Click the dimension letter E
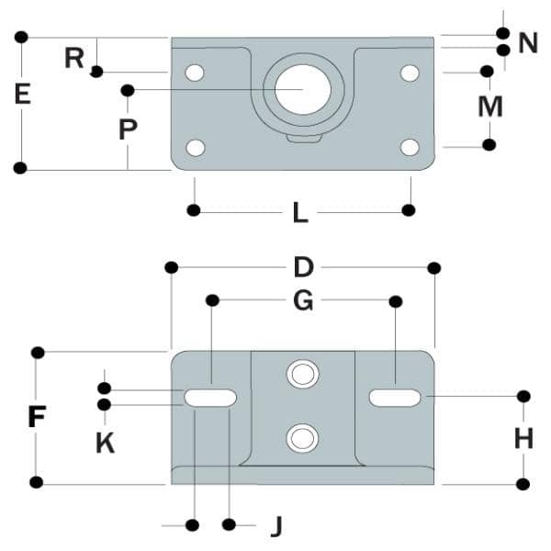pyautogui.click(x=22, y=94)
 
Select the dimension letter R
pyautogui.click(x=74, y=59)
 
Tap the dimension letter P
pyautogui.click(x=128, y=129)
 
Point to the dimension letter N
pyautogui.click(x=527, y=42)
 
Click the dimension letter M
pyautogui.click(x=490, y=107)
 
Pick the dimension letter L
pyautogui.click(x=300, y=212)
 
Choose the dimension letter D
pyautogui.click(x=303, y=267)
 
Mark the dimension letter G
pyautogui.click(x=303, y=300)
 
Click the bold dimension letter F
pyautogui.click(x=37, y=418)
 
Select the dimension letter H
pyautogui.click(x=523, y=439)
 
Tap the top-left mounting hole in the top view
pyautogui.click(x=195, y=72)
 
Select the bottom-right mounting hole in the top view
pyautogui.click(x=410, y=147)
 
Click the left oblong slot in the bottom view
pyautogui.click(x=210, y=398)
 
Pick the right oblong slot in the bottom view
pyautogui.click(x=396, y=398)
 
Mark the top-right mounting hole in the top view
pyautogui.click(x=410, y=72)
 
